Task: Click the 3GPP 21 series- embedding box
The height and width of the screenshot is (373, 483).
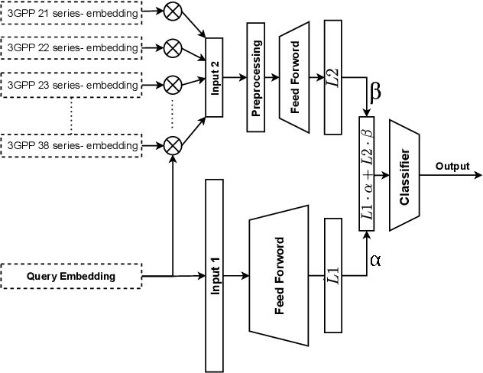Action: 70,13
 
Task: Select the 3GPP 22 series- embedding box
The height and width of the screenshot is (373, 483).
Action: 70,47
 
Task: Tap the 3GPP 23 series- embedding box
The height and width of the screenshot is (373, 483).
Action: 70,82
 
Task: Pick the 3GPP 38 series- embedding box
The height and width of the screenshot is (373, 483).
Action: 70,144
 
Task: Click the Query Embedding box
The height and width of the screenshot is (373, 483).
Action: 70,275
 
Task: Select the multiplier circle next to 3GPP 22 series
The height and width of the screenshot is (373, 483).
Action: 173,47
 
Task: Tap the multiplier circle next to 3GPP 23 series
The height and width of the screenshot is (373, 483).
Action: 173,82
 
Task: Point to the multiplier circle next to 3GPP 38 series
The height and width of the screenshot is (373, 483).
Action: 173,144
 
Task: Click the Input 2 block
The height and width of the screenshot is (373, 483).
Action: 214,76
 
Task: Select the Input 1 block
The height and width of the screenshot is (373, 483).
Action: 214,275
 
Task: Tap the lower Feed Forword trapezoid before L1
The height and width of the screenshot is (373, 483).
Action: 278,275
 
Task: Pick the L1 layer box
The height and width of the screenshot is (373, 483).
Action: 332,275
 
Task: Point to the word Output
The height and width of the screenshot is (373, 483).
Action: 453,165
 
